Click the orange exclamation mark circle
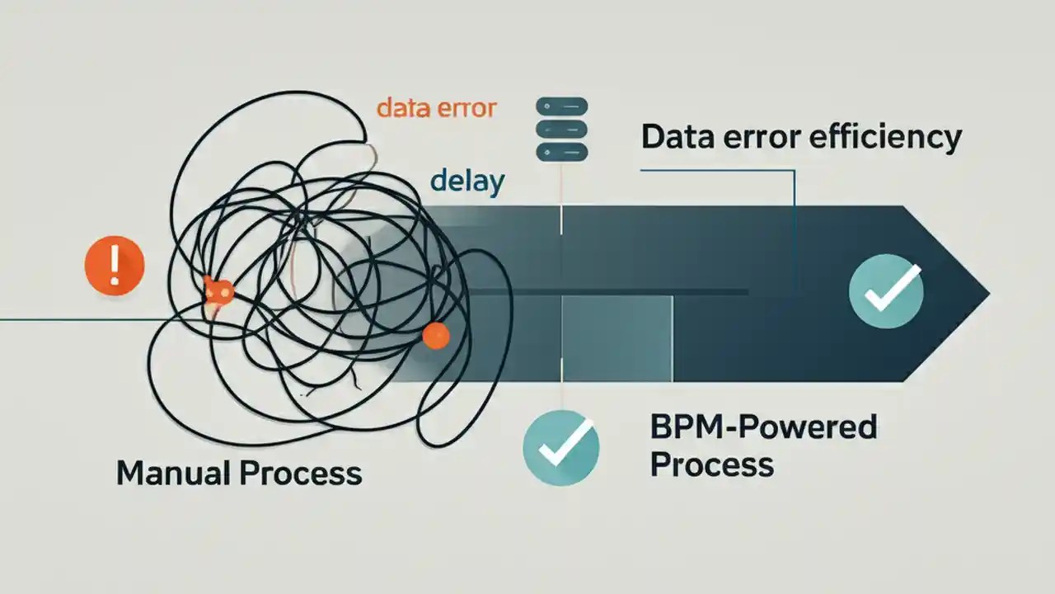[x=115, y=265]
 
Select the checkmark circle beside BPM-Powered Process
[x=561, y=449]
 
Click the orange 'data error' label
[x=436, y=108]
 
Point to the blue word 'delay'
[x=467, y=181]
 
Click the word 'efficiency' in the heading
[x=885, y=137]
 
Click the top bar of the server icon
[x=561, y=106]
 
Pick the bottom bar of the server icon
[x=561, y=153]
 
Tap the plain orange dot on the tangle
[x=435, y=335]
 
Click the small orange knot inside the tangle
[x=218, y=291]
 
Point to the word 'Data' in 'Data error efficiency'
[x=678, y=137]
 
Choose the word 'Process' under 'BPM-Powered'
[x=712, y=464]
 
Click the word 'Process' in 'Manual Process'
[x=302, y=473]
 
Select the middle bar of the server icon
[x=561, y=130]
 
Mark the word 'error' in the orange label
[x=469, y=108]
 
